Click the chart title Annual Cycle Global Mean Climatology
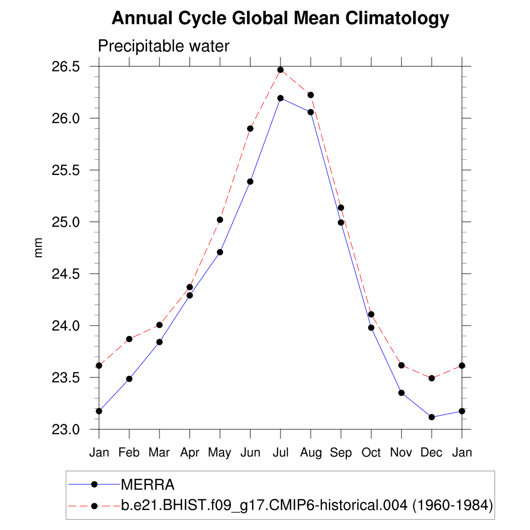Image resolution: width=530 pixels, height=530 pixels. click(x=280, y=19)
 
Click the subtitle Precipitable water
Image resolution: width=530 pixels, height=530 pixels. click(x=163, y=46)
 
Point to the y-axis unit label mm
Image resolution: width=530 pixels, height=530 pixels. click(x=39, y=248)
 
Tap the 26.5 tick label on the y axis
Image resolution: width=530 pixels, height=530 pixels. click(x=65, y=67)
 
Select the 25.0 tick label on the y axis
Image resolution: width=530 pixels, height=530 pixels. click(x=65, y=222)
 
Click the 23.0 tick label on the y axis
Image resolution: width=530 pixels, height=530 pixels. click(x=65, y=430)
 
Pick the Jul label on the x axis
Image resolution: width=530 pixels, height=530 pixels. click(x=280, y=453)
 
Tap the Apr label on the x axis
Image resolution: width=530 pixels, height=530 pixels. click(x=189, y=453)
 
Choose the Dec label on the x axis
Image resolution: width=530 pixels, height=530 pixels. click(x=431, y=453)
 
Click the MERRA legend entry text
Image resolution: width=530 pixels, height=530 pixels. click(x=148, y=485)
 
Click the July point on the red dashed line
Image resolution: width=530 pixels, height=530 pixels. click(x=281, y=70)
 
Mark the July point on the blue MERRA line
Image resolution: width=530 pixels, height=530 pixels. click(x=281, y=98)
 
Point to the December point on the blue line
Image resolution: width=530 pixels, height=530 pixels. click(x=432, y=417)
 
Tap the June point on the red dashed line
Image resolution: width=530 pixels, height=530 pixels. click(x=250, y=128)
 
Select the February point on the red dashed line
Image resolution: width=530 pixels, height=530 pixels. click(x=129, y=339)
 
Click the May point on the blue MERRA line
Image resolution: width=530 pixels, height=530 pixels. click(x=220, y=252)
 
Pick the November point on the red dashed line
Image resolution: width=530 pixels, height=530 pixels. click(x=401, y=365)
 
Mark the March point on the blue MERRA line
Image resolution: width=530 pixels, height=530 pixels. click(x=159, y=342)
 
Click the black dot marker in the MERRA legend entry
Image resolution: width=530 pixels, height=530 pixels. click(x=94, y=484)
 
